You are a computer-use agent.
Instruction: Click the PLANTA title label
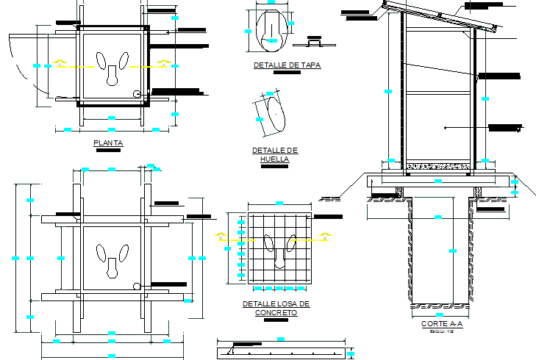108,143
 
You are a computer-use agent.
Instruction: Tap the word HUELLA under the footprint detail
274,159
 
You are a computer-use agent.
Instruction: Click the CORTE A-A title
442,324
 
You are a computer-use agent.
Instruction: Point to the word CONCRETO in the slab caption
276,312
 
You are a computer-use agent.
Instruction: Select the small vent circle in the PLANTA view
137,94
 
